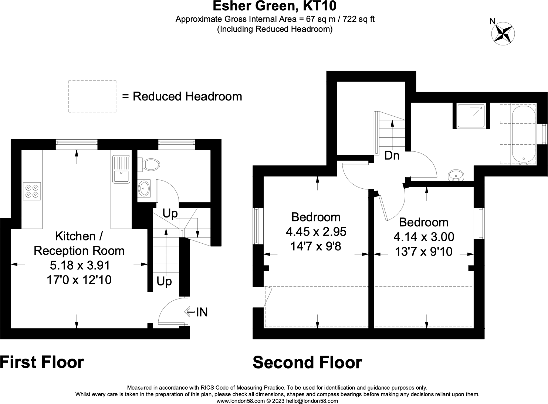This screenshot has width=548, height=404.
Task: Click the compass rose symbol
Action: pos(503,34)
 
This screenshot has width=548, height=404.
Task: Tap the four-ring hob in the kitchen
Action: pos(32,191)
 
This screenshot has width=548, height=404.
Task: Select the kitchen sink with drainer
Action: pos(121,169)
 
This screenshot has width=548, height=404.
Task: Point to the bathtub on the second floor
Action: pos(524,135)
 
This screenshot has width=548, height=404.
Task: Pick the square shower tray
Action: pos(471,116)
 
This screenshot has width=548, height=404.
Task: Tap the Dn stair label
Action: pos(392,155)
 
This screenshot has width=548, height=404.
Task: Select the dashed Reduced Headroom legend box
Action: pos(92,96)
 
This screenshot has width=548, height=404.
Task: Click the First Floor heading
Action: pos(42,362)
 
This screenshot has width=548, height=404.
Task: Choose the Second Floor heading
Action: pos(307,362)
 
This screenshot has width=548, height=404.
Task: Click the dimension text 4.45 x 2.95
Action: pos(316,232)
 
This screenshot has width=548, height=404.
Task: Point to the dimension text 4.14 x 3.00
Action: pos(424,237)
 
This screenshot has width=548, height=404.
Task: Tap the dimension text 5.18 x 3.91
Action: pos(80,265)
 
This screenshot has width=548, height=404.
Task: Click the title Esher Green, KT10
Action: pos(274,6)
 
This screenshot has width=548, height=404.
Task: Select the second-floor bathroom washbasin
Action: pos(456,175)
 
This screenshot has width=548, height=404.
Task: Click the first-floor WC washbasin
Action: pos(144,188)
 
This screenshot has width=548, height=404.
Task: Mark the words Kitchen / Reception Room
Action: pos(79,243)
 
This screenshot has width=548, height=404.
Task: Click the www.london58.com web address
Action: pos(241,401)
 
